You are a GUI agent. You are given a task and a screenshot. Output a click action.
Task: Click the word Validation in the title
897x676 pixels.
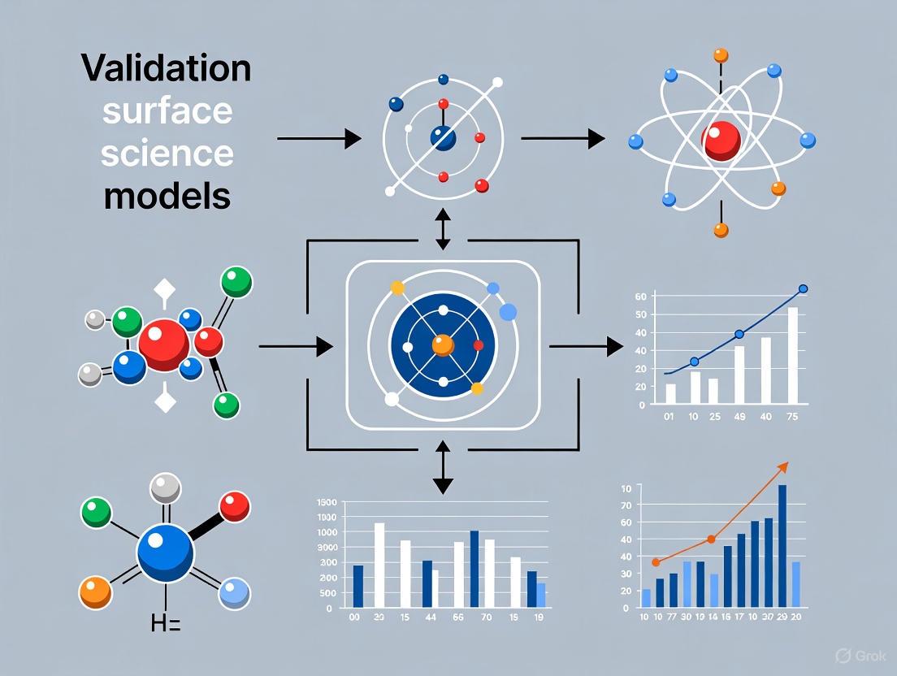point(166,70)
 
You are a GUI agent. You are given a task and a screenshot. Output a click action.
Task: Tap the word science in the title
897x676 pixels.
point(167,153)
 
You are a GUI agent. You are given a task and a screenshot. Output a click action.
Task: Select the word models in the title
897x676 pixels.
point(167,195)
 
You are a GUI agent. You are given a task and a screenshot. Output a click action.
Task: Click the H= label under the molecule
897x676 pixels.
point(166,624)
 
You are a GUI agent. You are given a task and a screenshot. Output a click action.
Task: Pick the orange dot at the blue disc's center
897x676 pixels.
point(443,344)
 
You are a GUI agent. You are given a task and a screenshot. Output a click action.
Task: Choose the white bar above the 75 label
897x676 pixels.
point(792,355)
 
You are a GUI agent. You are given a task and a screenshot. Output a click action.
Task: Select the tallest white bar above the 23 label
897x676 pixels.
point(379,565)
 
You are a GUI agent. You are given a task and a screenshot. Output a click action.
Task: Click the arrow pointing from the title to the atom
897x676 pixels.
point(318,139)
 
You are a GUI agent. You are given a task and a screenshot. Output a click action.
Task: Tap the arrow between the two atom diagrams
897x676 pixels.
point(562,139)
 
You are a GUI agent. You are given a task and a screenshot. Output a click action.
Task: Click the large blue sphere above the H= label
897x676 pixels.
point(166,552)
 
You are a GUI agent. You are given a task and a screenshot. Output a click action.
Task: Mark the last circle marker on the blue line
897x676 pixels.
point(804,288)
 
